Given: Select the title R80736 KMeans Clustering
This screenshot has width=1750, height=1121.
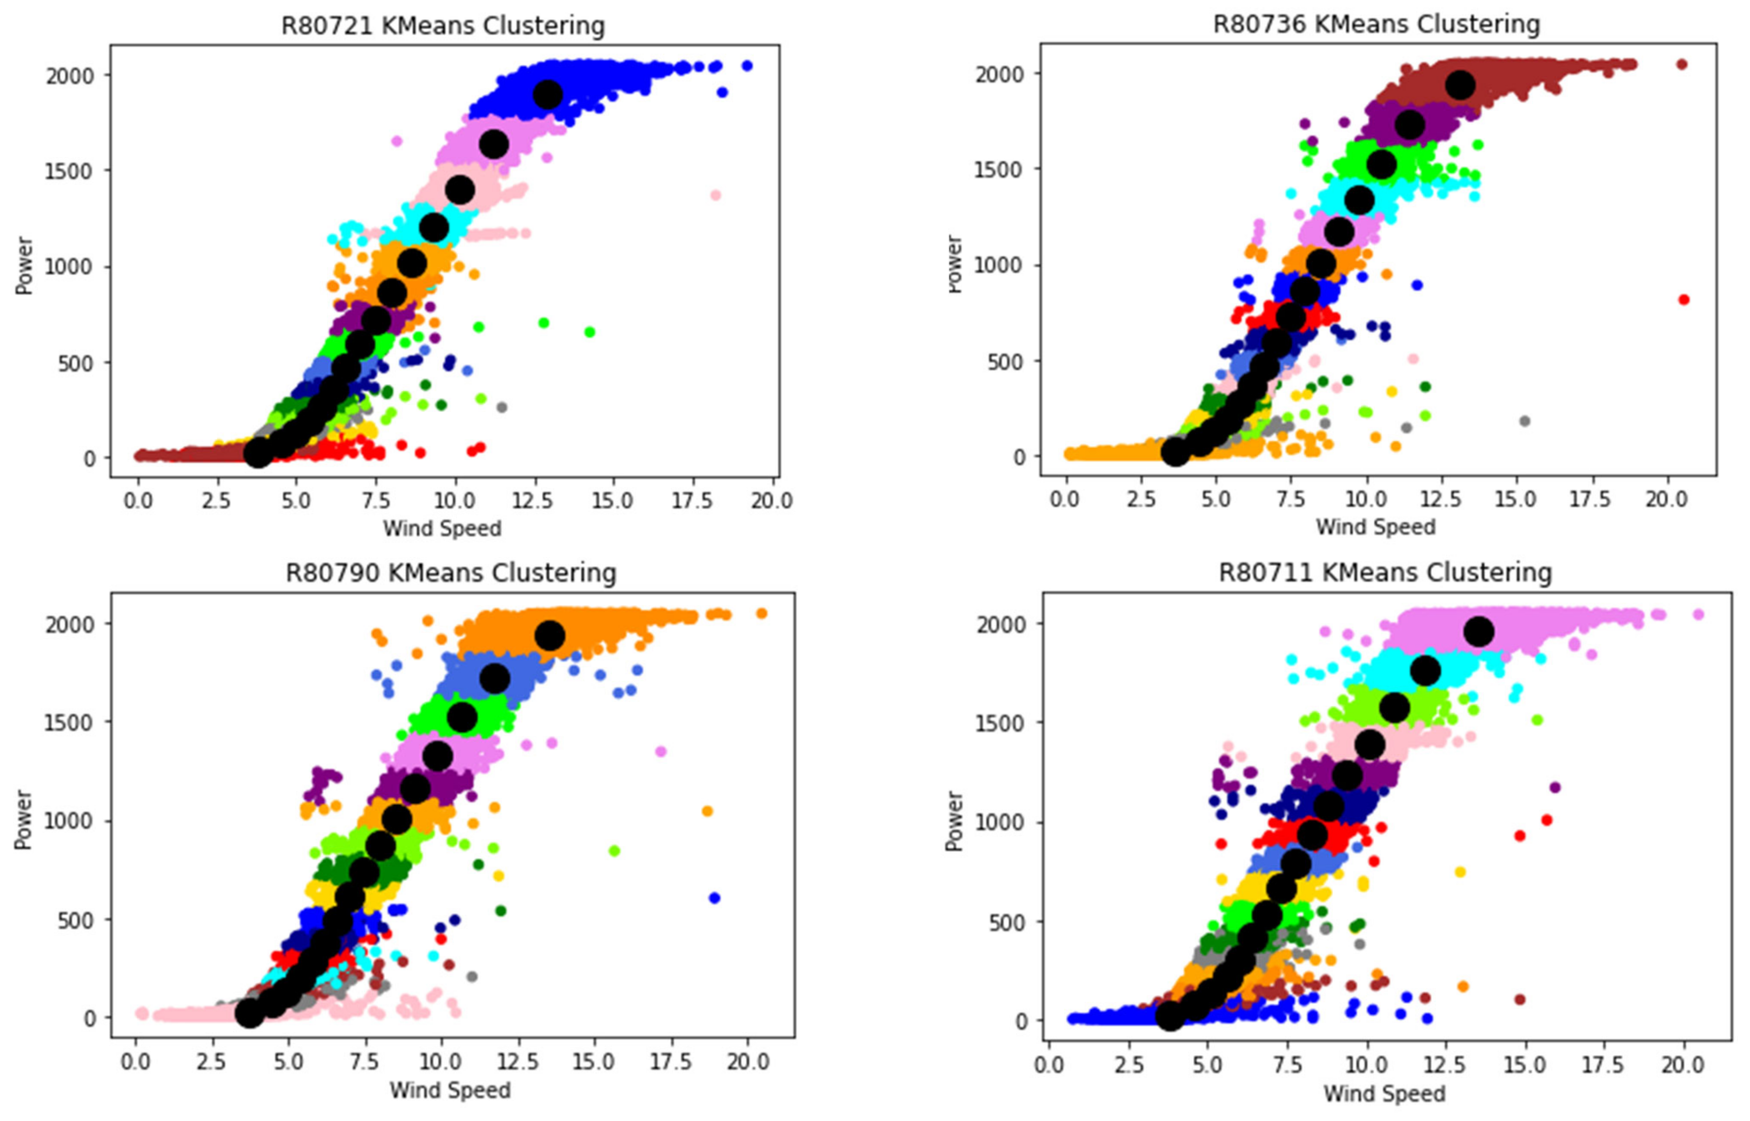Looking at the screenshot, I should (1376, 24).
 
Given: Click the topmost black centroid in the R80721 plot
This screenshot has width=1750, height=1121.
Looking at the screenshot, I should (547, 94).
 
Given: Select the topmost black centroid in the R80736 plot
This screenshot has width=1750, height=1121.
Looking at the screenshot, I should (1460, 85).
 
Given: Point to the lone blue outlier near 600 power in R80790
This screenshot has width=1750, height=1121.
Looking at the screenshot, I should (714, 898).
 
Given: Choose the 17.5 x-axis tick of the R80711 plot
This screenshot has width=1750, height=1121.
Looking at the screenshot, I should (1602, 1065).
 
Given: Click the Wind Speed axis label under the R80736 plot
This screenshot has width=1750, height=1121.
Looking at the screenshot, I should (1375, 527).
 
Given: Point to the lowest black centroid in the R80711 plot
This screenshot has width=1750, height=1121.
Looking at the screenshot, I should (1170, 1016).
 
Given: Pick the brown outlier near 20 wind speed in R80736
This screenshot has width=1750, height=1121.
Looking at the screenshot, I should (1681, 64).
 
